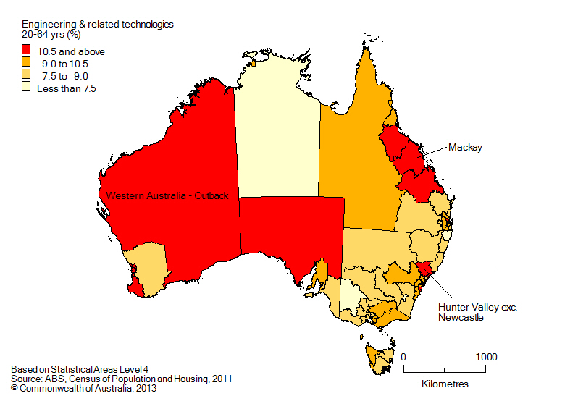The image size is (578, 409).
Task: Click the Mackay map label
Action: pos(465,148)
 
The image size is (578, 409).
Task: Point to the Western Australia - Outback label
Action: pos(168,196)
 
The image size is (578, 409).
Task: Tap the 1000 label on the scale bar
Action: pos(486,357)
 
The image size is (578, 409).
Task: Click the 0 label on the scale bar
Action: pos(403,357)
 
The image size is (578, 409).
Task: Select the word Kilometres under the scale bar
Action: pos(445,383)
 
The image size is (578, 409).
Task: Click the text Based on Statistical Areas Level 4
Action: pos(84,368)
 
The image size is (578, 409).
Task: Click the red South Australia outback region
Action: pos(290,232)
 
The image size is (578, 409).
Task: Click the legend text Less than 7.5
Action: pos(67,88)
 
